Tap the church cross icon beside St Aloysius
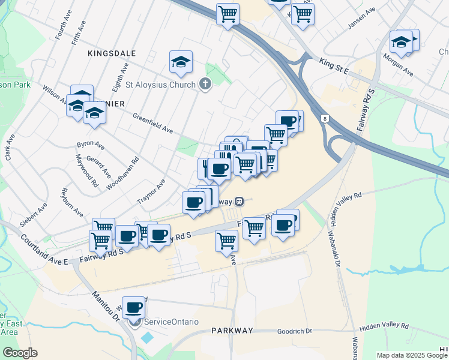tap(205, 84)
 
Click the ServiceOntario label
tap(171, 322)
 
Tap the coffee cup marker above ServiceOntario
tap(133, 307)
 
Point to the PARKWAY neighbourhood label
tap(232, 331)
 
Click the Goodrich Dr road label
tap(295, 331)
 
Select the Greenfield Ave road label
tap(152, 123)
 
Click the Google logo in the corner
tap(20, 353)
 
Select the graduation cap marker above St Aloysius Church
tap(181, 62)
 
